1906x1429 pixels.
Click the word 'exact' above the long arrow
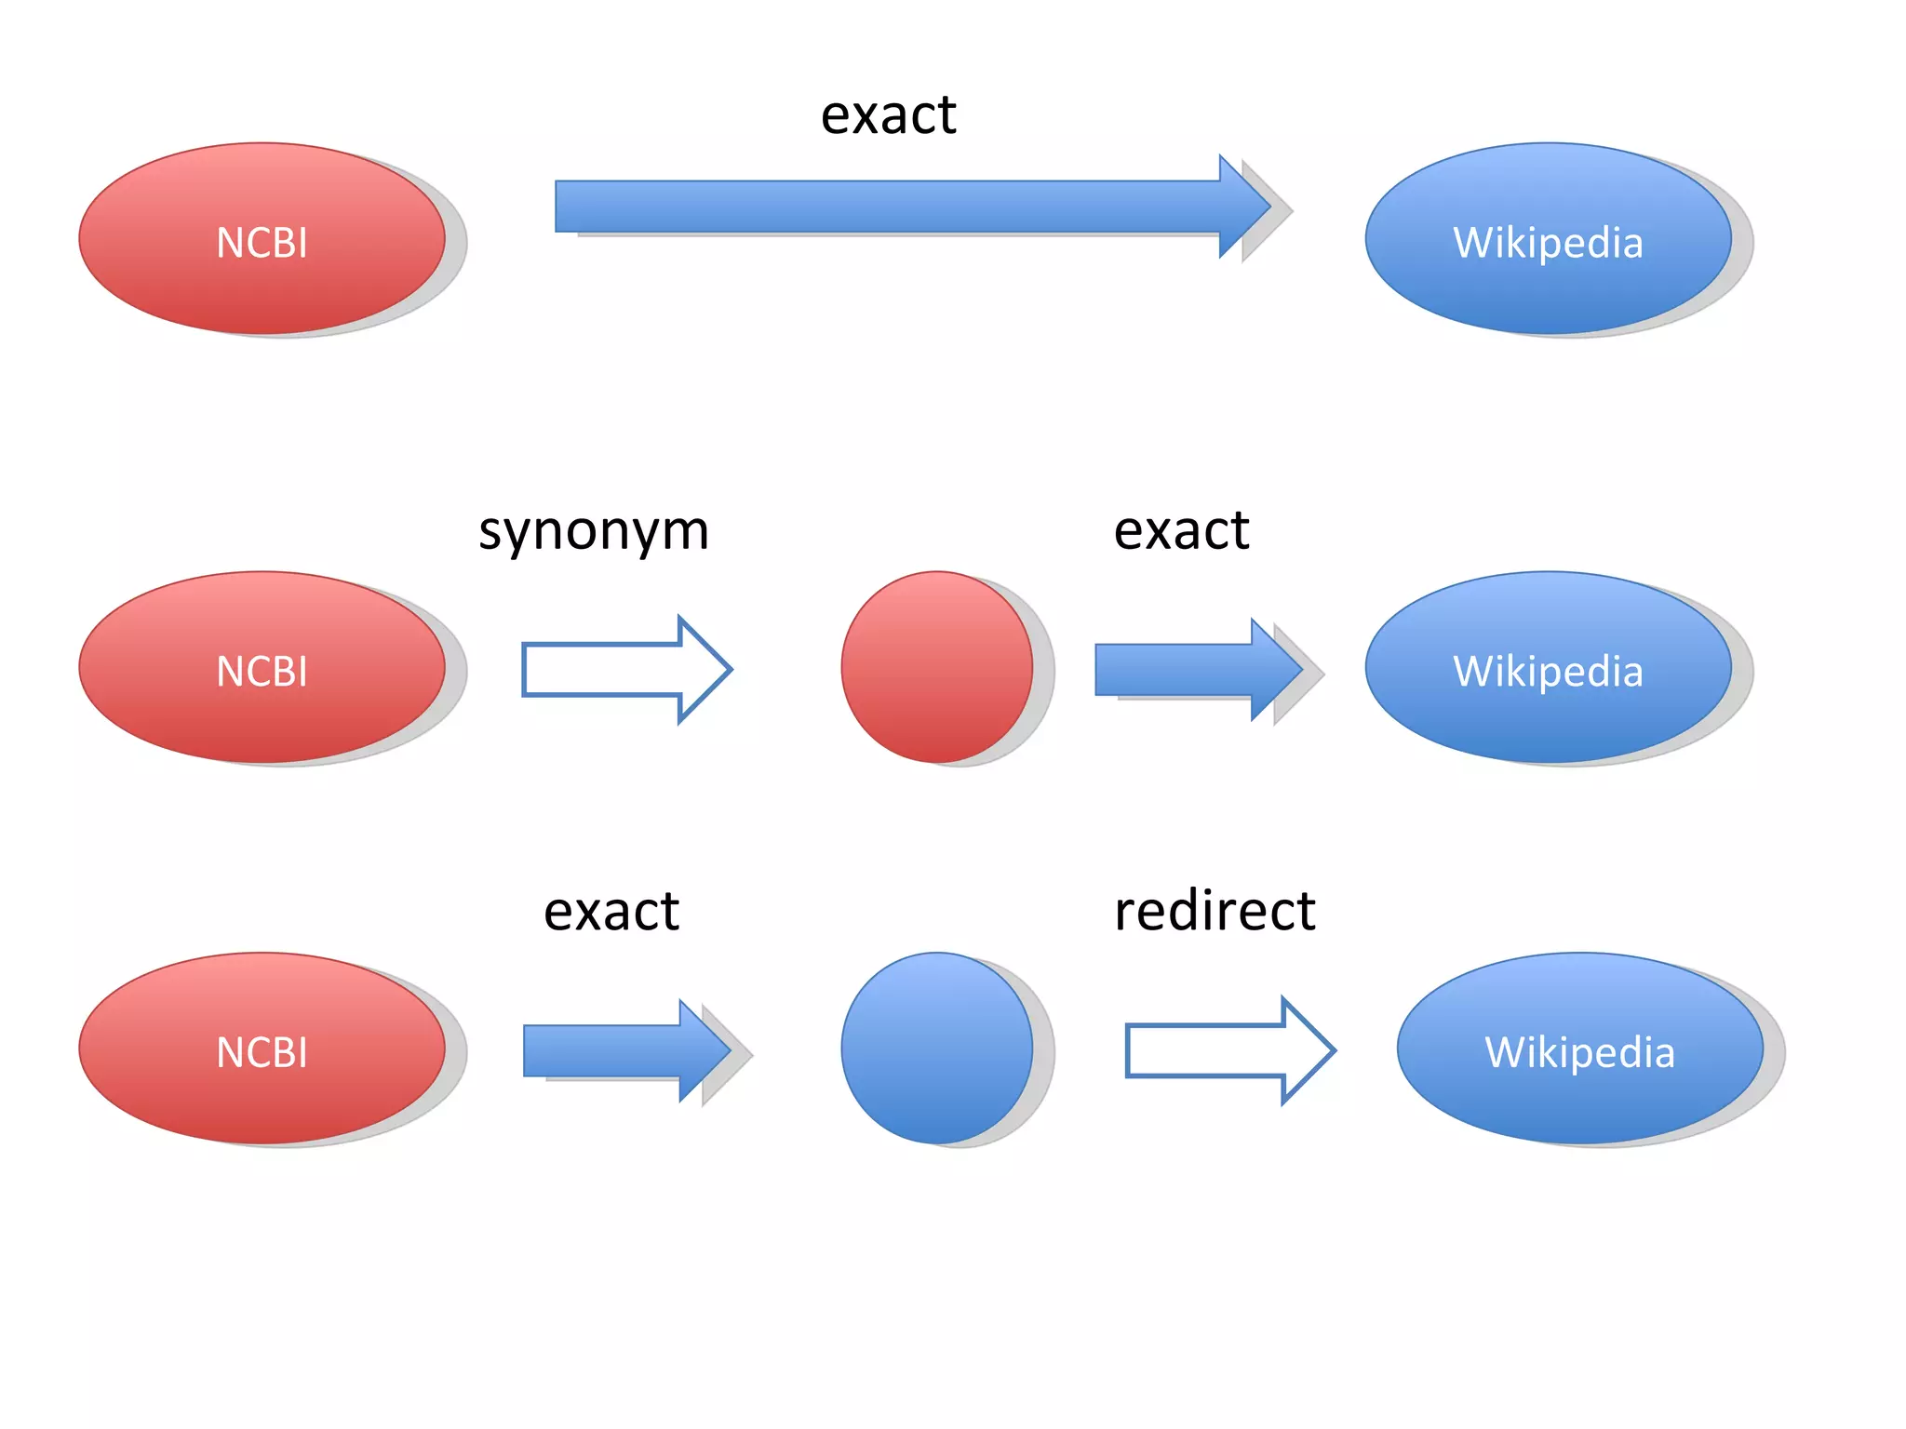click(888, 115)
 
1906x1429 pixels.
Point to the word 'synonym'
click(594, 531)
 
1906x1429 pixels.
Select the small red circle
click(936, 666)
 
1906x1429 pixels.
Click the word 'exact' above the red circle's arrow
click(1181, 531)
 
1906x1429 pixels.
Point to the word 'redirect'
click(1215, 911)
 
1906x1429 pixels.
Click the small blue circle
click(936, 1048)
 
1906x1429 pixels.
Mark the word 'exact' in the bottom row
click(611, 911)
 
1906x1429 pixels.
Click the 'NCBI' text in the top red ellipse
click(262, 244)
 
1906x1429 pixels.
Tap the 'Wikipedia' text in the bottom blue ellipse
click(1579, 1053)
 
